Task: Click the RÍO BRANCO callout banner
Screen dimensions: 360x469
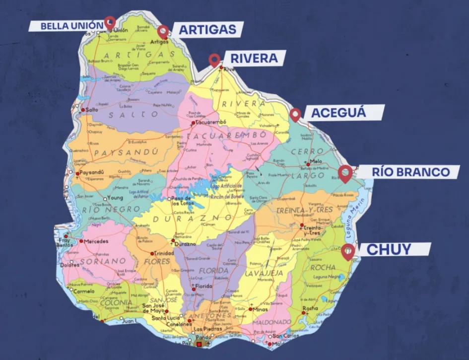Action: point(410,172)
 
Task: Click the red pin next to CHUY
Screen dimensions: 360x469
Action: point(348,250)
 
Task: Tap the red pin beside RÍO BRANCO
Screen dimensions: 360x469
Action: point(345,172)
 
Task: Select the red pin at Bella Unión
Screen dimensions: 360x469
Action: point(110,22)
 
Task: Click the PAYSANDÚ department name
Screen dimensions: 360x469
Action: point(126,152)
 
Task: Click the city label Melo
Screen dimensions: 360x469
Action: point(316,161)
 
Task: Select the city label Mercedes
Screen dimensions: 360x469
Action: point(96,241)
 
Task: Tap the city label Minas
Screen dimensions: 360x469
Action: point(260,309)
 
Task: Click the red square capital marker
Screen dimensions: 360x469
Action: point(199,344)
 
